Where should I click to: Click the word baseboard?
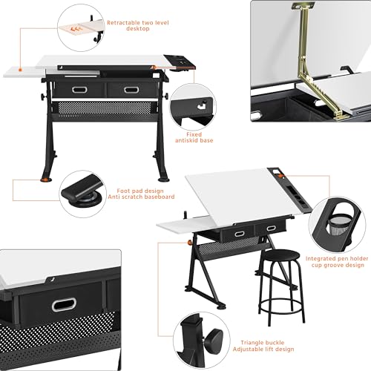pos(157,197)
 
